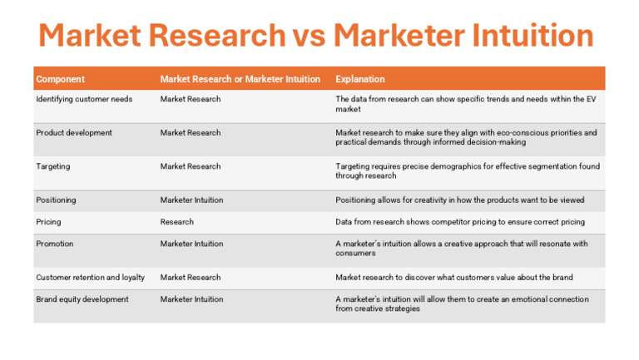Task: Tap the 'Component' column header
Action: pos(60,80)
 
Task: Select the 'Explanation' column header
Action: pos(359,80)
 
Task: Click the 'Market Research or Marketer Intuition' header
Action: pos(240,80)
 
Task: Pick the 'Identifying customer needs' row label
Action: pos(84,100)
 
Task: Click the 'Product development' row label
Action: pos(74,133)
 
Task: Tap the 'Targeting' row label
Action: pos(53,167)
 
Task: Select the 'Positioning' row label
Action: pos(56,200)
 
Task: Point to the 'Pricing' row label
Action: pos(48,222)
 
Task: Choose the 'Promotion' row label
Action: pos(55,244)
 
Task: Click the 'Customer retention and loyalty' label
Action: pos(90,278)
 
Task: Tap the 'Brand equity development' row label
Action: pos(82,299)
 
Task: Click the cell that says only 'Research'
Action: pos(176,222)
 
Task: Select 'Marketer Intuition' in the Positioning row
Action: pos(191,200)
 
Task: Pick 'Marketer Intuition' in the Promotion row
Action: pos(191,244)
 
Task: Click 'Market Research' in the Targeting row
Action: pos(191,167)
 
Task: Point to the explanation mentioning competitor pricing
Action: pos(460,222)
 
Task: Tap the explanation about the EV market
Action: pos(465,104)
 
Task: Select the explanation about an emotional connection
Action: pos(462,303)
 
